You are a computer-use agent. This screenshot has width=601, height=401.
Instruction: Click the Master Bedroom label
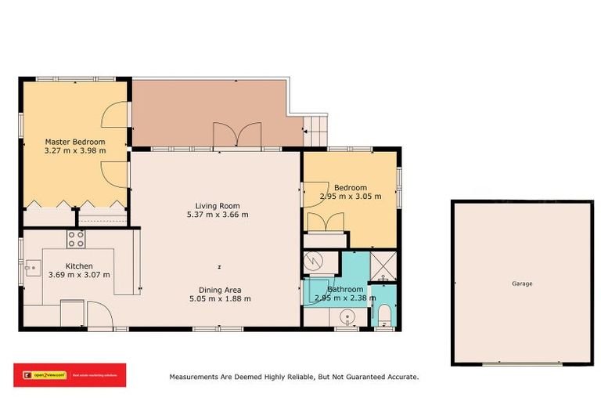coord(74,142)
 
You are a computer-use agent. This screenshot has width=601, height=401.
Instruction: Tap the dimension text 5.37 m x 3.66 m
coord(217,215)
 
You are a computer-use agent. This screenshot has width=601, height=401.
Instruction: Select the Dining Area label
coord(219,289)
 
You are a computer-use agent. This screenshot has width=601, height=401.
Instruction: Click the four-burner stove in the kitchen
coord(76,239)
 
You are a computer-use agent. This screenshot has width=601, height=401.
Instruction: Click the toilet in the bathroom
coord(383,316)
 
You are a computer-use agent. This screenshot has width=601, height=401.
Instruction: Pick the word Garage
coord(522,284)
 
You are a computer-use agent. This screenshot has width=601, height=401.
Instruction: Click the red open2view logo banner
coord(70,375)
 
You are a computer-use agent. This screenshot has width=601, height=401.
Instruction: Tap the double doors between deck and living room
coord(237,135)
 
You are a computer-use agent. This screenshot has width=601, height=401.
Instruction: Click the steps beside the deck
coord(315,128)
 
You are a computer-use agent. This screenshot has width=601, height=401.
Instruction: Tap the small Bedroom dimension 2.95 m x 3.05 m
coord(350,197)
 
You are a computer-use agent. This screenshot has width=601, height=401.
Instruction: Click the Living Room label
coord(217,205)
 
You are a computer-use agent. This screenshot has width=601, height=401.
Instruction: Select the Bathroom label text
coord(345,289)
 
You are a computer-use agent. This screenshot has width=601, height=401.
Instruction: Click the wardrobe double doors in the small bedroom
coord(322,222)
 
